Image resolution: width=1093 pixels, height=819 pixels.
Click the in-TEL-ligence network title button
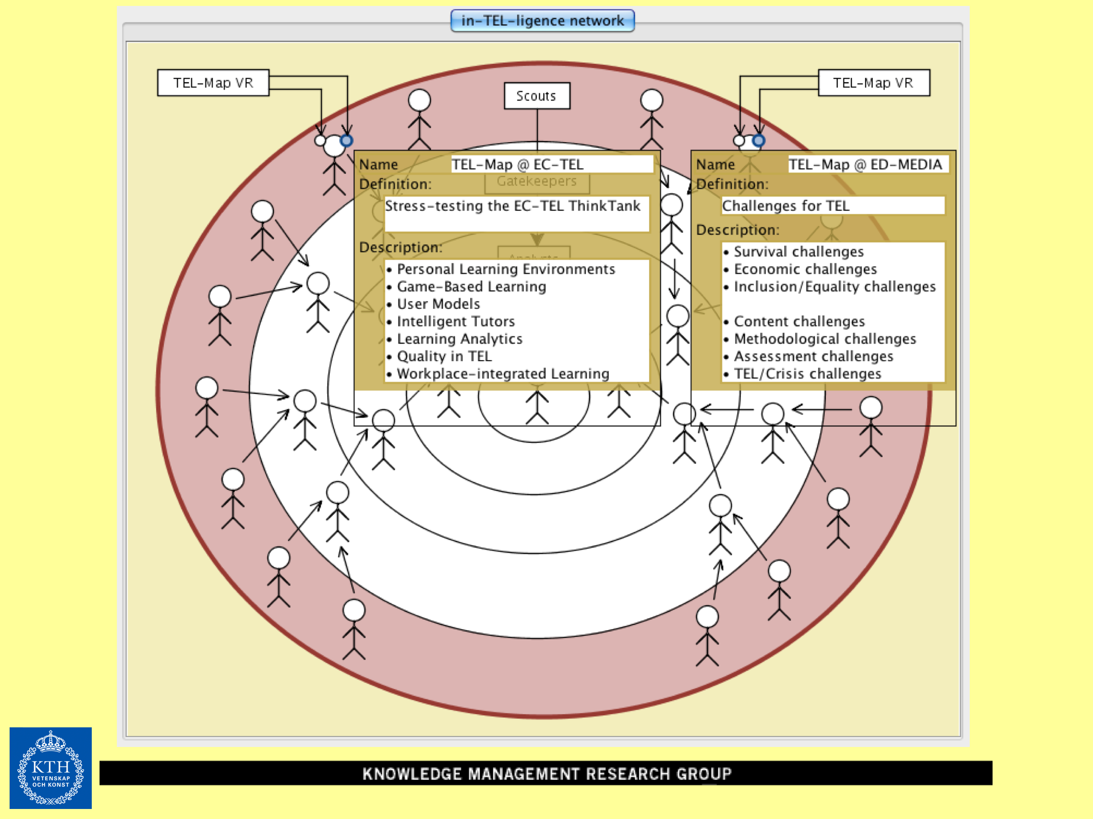pyautogui.click(x=542, y=21)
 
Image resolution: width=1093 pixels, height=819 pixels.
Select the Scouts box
pyautogui.click(x=536, y=96)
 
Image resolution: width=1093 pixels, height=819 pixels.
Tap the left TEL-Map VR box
pyautogui.click(x=213, y=83)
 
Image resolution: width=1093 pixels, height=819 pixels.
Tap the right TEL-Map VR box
pyautogui.click(x=873, y=83)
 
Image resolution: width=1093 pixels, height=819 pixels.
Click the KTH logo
pyautogui.click(x=50, y=767)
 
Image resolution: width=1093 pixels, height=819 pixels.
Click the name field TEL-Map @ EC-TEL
pyautogui.click(x=552, y=164)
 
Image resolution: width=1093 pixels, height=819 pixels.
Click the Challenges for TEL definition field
pyautogui.click(x=833, y=205)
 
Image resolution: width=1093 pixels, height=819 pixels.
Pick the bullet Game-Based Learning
pyautogui.click(x=471, y=286)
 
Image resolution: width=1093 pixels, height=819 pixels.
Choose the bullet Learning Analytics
pyautogui.click(x=460, y=339)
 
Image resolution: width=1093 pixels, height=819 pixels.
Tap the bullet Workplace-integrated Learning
pyautogui.click(x=503, y=374)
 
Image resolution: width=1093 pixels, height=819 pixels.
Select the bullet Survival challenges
pyautogui.click(x=799, y=252)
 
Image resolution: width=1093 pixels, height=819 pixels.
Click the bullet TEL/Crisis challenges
pyautogui.click(x=807, y=374)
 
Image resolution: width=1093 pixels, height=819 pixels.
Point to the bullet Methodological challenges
pyautogui.click(x=825, y=339)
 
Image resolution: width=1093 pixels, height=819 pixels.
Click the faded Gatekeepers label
pyautogui.click(x=536, y=181)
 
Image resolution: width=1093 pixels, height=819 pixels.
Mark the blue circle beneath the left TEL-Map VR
pyautogui.click(x=347, y=141)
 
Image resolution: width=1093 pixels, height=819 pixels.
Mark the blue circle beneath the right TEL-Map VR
pyautogui.click(x=758, y=141)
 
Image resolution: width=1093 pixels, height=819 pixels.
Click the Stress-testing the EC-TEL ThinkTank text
pyautogui.click(x=512, y=206)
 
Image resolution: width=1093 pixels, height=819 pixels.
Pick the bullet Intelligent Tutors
pyautogui.click(x=456, y=321)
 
